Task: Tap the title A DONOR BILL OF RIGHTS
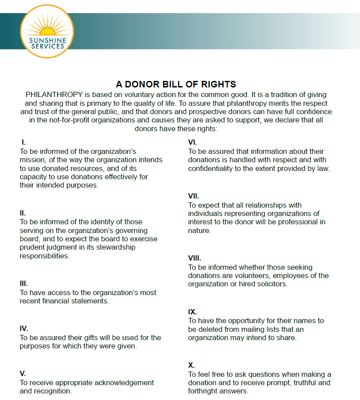point(176,84)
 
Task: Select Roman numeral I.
point(24,143)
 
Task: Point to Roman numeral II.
point(23,213)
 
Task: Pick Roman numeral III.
point(24,284)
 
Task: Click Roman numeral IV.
point(24,329)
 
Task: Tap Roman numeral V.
point(23,374)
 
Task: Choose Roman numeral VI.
point(192,143)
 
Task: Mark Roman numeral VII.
point(193,196)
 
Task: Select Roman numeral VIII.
point(195,258)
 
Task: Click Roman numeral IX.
point(192,312)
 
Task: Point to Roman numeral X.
point(192,365)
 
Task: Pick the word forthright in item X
point(204,391)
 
